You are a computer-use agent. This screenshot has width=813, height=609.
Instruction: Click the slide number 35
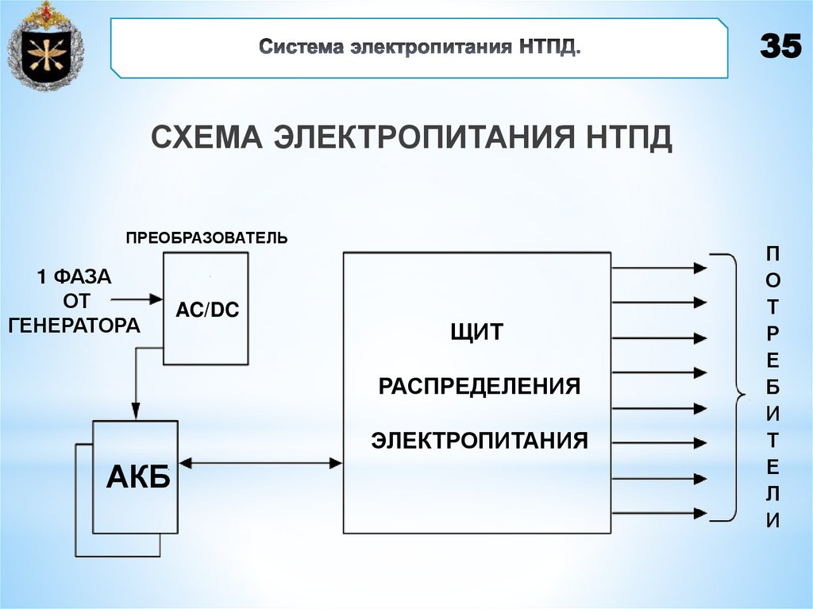[780, 48]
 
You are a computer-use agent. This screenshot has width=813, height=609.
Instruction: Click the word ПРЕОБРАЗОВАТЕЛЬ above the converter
[206, 237]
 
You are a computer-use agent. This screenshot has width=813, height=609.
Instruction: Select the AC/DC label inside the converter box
[206, 311]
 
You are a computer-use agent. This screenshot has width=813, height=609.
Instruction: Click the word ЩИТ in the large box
[476, 332]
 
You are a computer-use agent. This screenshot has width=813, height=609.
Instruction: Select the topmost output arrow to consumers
[659, 268]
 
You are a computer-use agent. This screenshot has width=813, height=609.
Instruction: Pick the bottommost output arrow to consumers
[659, 515]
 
